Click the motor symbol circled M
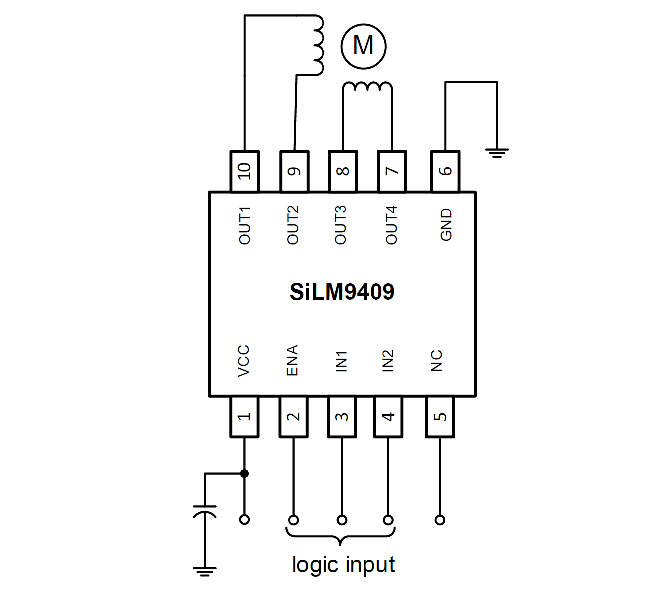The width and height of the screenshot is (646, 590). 363,46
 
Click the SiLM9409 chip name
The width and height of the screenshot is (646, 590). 342,292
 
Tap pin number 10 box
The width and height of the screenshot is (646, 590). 244,171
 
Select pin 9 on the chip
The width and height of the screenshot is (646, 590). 294,171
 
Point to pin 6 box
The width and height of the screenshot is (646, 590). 445,171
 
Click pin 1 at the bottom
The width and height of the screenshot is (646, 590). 244,417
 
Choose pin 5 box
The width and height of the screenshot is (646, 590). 440,417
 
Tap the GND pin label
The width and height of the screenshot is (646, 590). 446,225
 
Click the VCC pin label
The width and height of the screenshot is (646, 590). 244,361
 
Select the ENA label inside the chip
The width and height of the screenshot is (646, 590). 292,360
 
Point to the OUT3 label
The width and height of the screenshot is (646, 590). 341,225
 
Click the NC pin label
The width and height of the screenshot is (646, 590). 436,361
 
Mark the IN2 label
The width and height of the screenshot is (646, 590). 388,361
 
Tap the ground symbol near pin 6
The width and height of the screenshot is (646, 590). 496,152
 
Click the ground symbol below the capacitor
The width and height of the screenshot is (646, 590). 205,571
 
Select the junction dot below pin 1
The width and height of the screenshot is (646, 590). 244,473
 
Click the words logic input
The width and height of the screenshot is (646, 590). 343,565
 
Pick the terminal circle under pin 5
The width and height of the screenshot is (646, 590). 440,520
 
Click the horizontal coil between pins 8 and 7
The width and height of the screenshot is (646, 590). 367,87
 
